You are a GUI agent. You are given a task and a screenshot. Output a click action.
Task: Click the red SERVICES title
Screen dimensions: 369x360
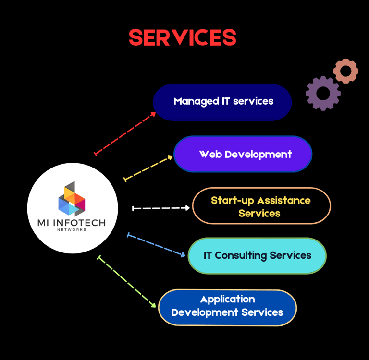(183, 37)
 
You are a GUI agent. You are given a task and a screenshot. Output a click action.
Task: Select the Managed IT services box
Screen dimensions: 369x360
(222, 102)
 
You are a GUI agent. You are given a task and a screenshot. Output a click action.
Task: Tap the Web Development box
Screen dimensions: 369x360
(243, 154)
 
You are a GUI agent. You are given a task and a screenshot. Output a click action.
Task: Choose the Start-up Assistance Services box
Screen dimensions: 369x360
(261, 206)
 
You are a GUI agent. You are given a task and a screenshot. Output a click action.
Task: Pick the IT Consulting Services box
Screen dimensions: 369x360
(257, 255)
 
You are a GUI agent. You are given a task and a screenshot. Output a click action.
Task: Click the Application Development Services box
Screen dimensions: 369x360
(227, 308)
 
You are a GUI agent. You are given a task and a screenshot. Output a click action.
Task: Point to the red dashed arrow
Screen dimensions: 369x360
(125, 133)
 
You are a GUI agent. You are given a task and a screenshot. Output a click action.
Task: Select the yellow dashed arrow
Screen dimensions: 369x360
(148, 168)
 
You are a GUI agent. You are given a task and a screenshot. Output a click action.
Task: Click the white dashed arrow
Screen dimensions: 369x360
(161, 208)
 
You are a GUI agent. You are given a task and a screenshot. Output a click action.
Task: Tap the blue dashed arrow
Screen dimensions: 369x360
(156, 244)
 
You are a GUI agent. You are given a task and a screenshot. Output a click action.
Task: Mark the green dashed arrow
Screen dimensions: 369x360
(126, 281)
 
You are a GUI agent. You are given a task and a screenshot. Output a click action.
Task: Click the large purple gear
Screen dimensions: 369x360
(323, 93)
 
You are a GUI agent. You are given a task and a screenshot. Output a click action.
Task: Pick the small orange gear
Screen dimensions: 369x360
(346, 71)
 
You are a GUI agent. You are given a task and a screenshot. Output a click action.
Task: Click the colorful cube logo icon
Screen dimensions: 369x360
(72, 199)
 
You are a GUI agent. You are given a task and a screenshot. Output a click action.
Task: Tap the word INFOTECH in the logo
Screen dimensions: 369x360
(79, 223)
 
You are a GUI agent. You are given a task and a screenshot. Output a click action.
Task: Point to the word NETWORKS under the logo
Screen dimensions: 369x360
(72, 230)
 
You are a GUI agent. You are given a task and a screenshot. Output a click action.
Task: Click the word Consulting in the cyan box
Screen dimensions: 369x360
(241, 256)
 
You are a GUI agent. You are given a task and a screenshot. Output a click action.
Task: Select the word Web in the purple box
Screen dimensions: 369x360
(210, 154)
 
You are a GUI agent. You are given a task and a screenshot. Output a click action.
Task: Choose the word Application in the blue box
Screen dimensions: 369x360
(228, 300)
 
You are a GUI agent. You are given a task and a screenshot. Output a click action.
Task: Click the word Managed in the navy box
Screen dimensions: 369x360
(196, 102)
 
